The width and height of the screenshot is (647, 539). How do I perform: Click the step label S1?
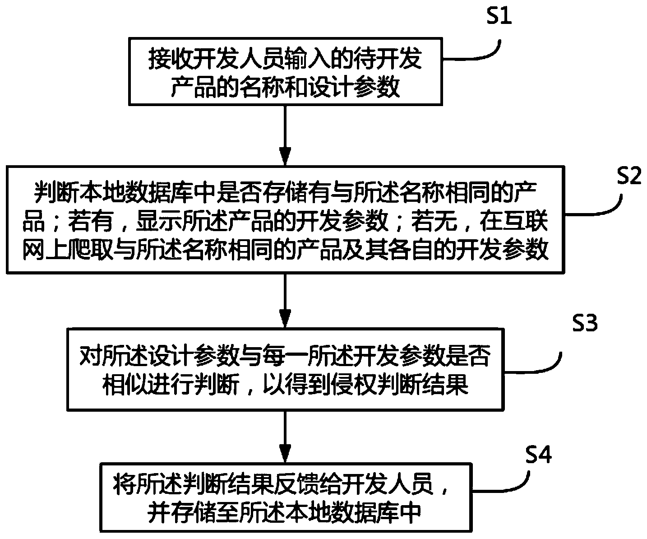[x=498, y=18]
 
